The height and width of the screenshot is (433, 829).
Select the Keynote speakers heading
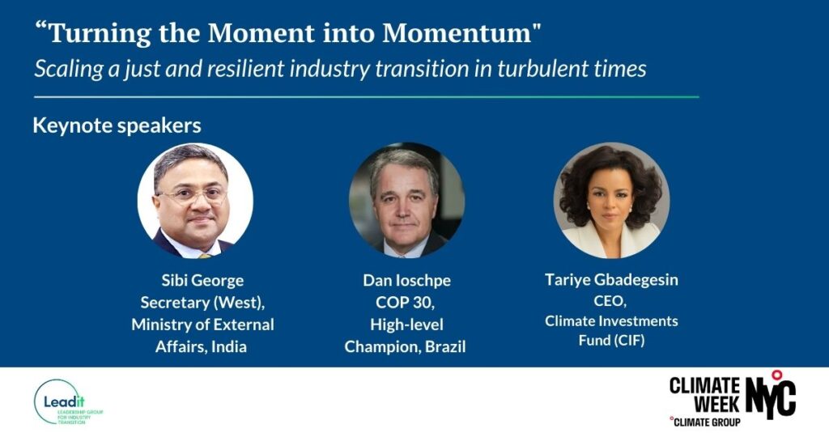[117, 125]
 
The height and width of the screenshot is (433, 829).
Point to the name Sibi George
[202, 280]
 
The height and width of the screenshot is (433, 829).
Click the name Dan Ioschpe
[406, 280]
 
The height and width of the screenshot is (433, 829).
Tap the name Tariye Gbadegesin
[611, 280]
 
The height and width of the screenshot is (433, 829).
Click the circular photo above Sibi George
[195, 201]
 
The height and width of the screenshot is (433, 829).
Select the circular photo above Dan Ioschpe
[406, 201]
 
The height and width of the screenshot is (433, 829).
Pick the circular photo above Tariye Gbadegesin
[611, 201]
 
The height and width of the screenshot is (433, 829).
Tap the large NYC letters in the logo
[771, 397]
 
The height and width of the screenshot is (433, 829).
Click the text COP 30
[405, 303]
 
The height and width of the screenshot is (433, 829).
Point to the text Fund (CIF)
[611, 340]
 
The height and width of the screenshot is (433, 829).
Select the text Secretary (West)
[202, 303]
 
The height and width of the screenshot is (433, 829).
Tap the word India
[229, 347]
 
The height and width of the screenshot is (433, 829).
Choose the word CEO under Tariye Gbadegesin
[610, 301]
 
